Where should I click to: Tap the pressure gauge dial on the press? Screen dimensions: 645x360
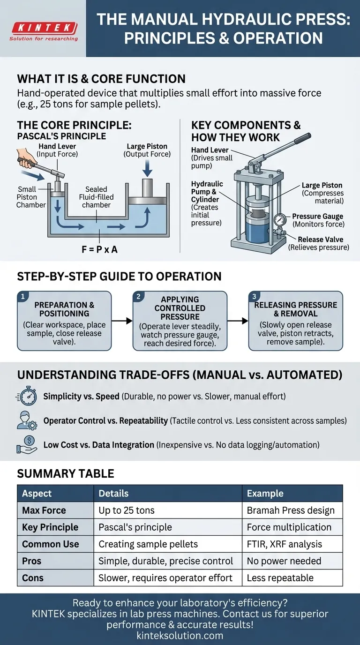point(279,220)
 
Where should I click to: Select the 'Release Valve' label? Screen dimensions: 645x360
point(320,240)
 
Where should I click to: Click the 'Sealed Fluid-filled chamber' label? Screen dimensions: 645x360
point(96,197)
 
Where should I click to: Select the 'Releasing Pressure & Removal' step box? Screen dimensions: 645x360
point(295,321)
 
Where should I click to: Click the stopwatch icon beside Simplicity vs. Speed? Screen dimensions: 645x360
point(28,397)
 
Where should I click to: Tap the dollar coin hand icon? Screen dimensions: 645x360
point(27,444)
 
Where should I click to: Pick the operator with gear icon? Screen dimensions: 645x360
point(27,420)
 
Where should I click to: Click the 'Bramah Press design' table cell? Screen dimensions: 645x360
point(289,510)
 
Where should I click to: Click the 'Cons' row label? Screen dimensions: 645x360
point(33,578)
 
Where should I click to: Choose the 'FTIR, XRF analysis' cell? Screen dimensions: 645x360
point(285,544)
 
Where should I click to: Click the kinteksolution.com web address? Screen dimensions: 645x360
point(180,636)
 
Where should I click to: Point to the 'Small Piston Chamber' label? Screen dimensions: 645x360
point(31,197)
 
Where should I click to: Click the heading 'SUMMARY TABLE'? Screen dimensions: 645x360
point(66,473)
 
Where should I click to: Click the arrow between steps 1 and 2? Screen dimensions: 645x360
point(122,321)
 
